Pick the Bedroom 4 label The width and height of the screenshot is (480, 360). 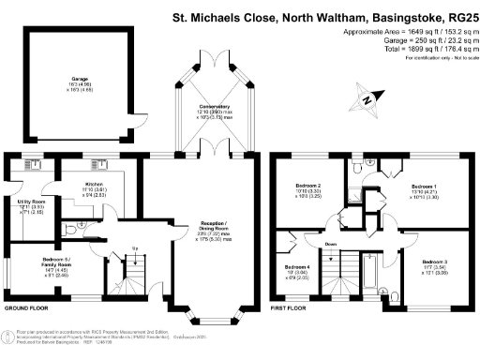299,267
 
